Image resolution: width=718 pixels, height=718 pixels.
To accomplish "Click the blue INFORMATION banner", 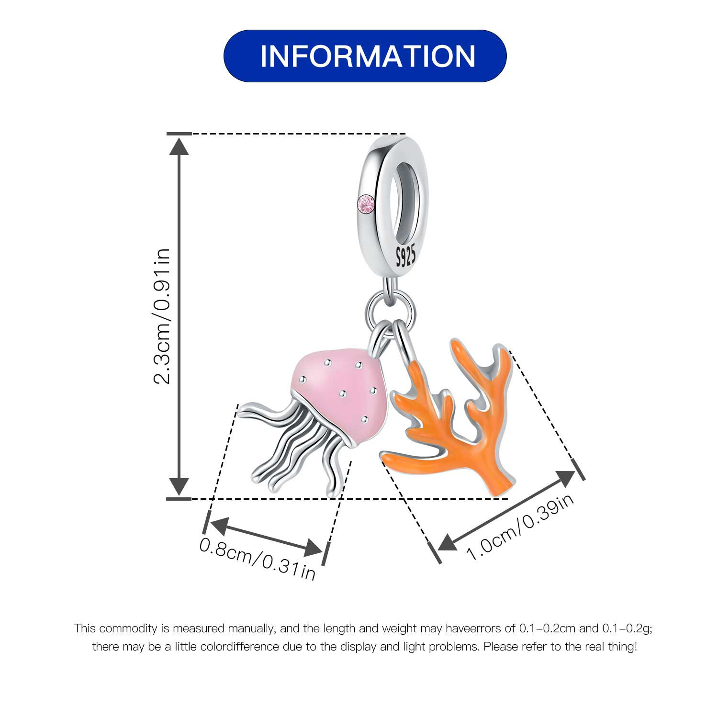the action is click(365, 56).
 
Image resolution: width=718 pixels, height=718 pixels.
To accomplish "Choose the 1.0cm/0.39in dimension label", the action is click(520, 527).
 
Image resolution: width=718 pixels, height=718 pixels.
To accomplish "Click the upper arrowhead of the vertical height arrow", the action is click(179, 146).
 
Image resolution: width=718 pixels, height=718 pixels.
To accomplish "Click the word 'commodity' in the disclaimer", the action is click(128, 628).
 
